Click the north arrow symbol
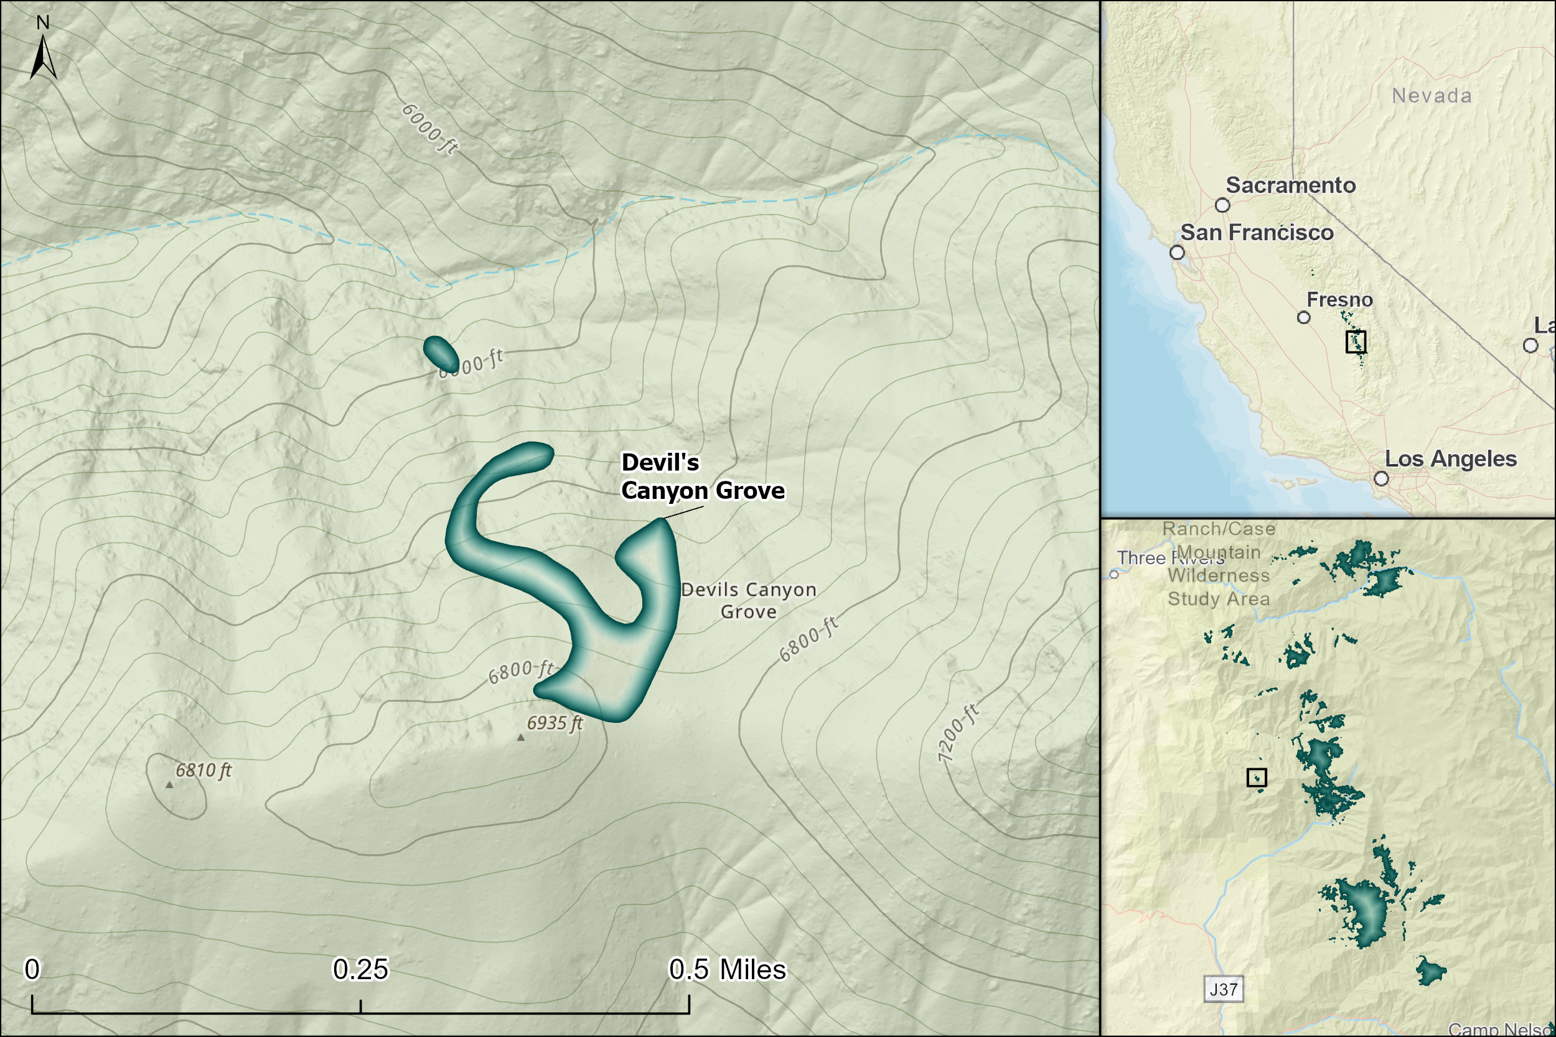(43, 57)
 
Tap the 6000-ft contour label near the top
(430, 129)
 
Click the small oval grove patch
(441, 354)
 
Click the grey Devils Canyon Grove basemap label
(748, 600)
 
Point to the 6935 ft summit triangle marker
(521, 737)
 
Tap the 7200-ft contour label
(957, 733)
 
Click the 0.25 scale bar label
(360, 970)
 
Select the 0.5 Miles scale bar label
(727, 970)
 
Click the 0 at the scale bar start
(32, 970)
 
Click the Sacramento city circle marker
(1222, 205)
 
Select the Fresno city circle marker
(1304, 317)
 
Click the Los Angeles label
(1451, 459)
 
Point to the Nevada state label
(1432, 96)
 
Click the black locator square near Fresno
(1356, 342)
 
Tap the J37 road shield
(1223, 989)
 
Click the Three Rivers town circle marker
(1114, 574)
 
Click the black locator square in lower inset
(1256, 778)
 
